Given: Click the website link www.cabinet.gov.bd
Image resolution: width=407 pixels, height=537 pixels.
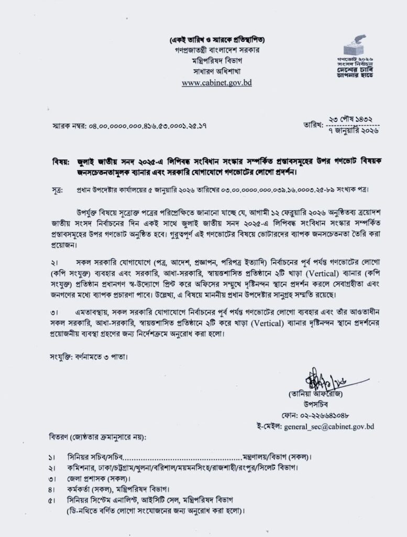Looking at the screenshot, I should pos(216,83).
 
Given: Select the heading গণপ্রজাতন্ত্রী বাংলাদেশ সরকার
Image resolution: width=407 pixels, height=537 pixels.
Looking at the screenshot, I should pos(216,50).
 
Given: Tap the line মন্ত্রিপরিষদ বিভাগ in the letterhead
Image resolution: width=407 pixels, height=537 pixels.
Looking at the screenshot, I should pos(216,60).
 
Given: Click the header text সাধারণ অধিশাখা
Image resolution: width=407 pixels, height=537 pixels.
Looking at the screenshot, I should pos(216,71).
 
